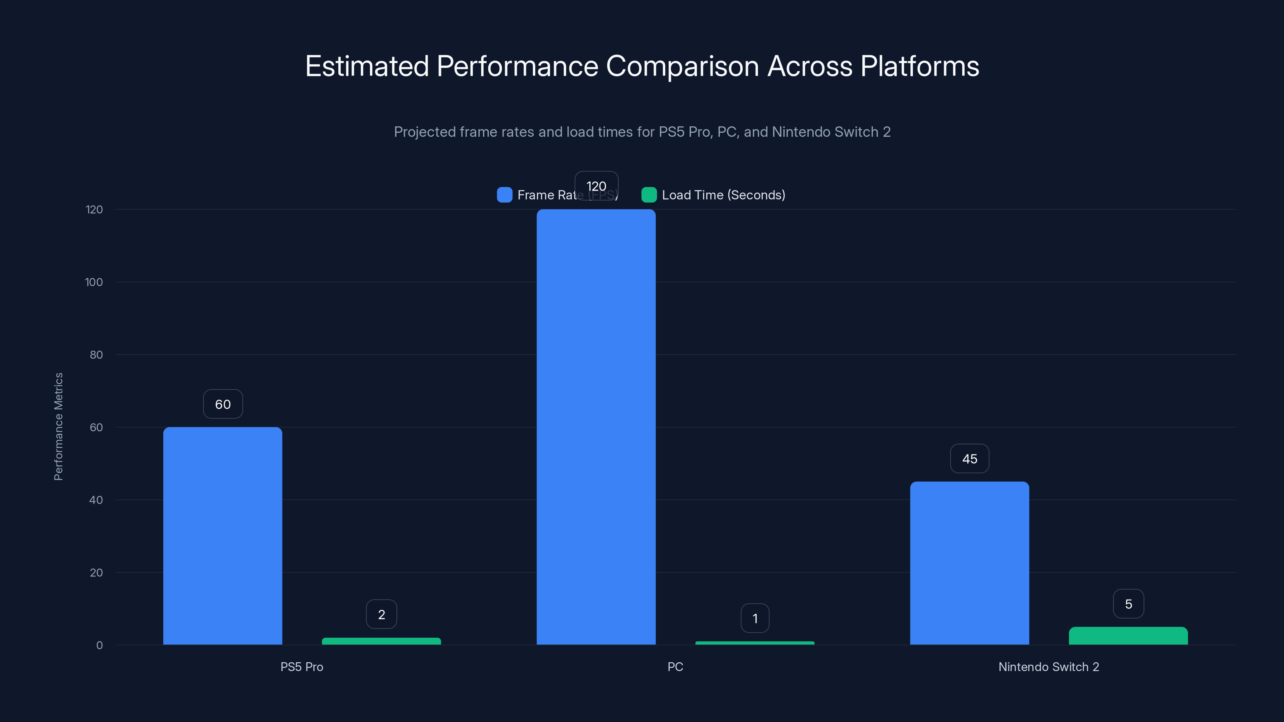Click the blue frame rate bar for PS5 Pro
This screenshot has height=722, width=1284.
(x=222, y=535)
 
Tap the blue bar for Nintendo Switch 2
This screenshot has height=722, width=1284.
(x=969, y=563)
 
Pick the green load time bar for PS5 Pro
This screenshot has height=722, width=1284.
(x=381, y=641)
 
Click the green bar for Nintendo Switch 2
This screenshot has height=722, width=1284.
(x=1128, y=636)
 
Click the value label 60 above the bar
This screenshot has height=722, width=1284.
(x=223, y=404)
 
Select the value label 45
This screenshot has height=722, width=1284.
(x=969, y=459)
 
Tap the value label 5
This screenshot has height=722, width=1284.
(x=1128, y=604)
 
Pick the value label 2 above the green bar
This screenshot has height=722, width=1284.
(x=381, y=615)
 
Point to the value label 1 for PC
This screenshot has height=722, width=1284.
(x=755, y=619)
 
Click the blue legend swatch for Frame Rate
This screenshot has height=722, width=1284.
(x=504, y=195)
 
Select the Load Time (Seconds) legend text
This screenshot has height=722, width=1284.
(x=723, y=195)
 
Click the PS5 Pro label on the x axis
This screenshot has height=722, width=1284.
(x=302, y=667)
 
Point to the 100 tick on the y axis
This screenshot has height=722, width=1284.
(x=94, y=282)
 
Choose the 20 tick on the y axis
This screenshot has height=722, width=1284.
(x=96, y=572)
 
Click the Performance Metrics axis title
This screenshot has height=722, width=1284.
(x=58, y=426)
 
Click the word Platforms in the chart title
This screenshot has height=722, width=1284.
(x=920, y=66)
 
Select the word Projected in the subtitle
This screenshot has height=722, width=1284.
(x=424, y=132)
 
